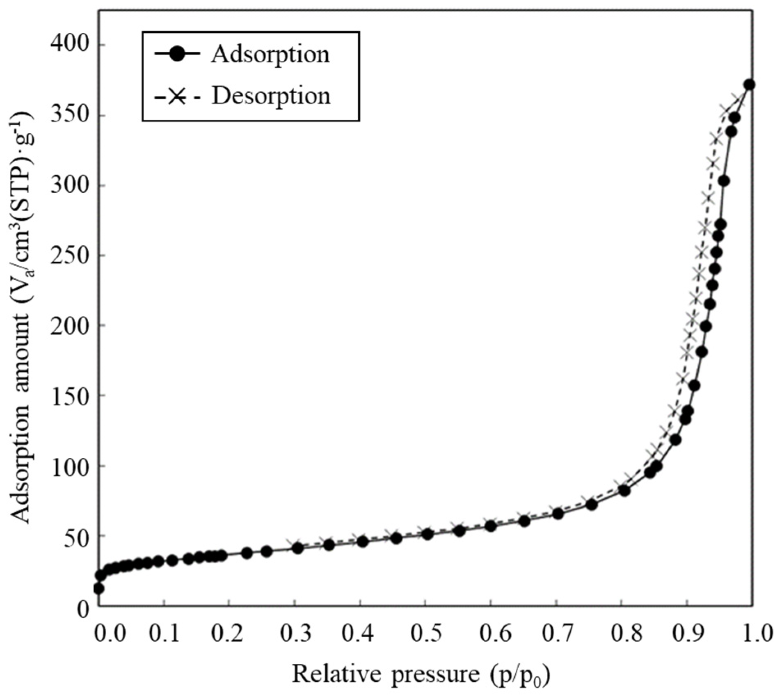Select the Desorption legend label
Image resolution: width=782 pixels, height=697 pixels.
click(x=271, y=96)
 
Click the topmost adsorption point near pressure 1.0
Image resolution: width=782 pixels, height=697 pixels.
click(x=750, y=85)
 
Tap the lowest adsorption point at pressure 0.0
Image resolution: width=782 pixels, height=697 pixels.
click(x=98, y=589)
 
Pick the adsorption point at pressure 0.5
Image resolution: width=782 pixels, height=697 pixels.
click(x=428, y=534)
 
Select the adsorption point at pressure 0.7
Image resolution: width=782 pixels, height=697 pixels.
click(x=558, y=514)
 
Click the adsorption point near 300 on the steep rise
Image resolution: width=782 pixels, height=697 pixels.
click(x=724, y=181)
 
